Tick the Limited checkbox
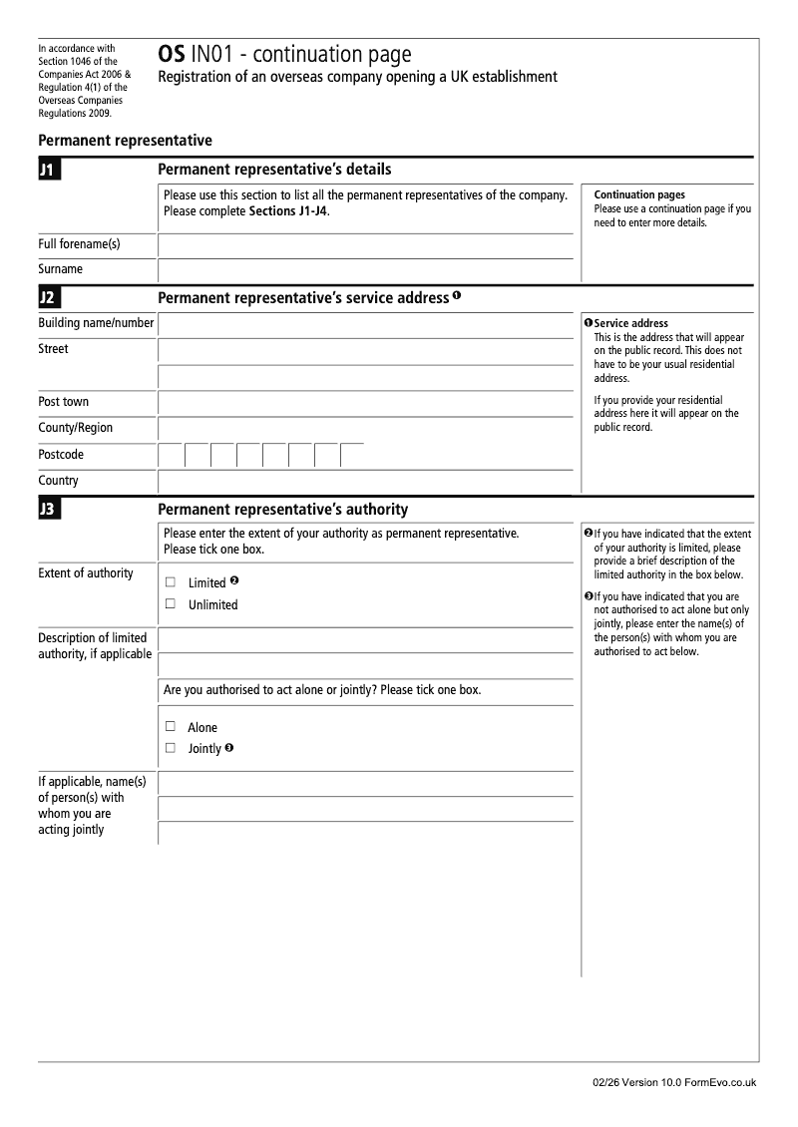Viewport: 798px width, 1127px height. (x=170, y=581)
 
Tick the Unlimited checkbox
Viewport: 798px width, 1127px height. (x=170, y=603)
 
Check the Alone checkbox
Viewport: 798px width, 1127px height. (x=170, y=726)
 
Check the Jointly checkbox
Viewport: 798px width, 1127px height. (x=170, y=747)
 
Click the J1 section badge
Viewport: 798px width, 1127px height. (x=48, y=171)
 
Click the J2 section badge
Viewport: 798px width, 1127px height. (x=48, y=298)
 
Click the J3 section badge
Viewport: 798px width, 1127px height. (x=48, y=510)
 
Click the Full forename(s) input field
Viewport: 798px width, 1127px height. (x=365, y=245)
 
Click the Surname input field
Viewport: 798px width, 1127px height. (x=365, y=270)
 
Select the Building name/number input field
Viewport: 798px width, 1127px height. (x=365, y=324)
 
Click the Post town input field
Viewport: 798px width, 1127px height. (x=365, y=403)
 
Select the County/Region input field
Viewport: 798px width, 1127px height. (x=365, y=429)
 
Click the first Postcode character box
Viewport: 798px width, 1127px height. (x=171, y=455)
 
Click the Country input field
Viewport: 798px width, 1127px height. (x=365, y=482)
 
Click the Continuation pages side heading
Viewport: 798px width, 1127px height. (x=638, y=194)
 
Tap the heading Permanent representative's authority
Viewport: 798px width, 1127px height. (x=282, y=510)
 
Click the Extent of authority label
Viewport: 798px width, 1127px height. (x=86, y=573)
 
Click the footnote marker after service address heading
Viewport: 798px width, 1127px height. (x=457, y=296)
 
